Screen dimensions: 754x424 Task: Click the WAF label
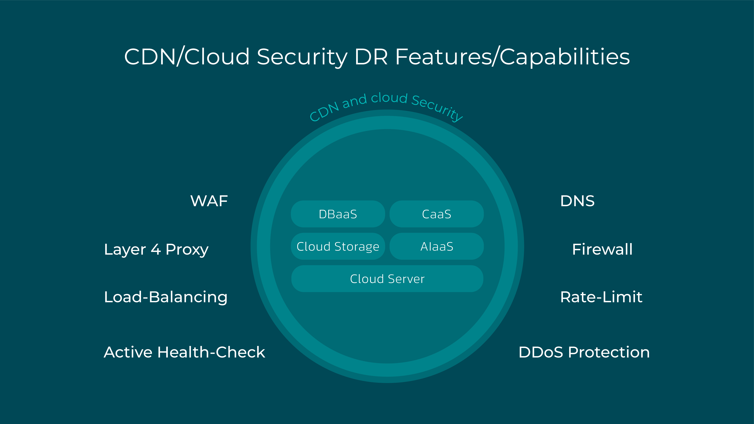click(x=209, y=201)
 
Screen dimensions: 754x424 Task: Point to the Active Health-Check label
click(x=184, y=352)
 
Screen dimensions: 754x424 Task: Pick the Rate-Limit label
click(x=601, y=297)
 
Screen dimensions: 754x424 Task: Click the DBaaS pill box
click(x=338, y=214)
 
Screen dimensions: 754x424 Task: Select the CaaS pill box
click(x=436, y=214)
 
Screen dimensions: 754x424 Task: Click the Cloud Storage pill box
click(x=338, y=246)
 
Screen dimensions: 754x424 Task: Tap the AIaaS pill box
click(x=436, y=246)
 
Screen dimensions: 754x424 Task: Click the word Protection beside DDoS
click(x=609, y=352)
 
